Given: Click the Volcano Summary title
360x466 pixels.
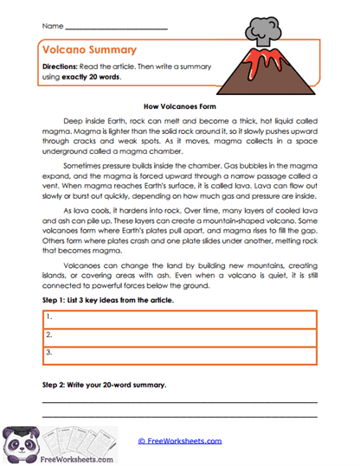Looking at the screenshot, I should point(86,51).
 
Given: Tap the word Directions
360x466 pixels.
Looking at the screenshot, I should point(61,67).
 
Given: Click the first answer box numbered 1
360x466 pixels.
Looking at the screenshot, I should point(179,317).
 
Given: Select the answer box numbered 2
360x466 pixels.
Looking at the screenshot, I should point(179,334).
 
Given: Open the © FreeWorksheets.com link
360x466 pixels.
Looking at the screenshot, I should point(180,441).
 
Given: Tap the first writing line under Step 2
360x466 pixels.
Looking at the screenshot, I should point(179,403).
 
